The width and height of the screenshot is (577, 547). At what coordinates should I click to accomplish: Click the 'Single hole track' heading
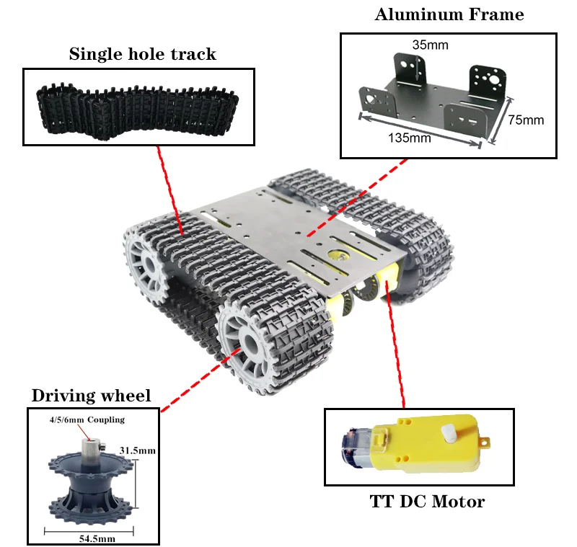coord(142,54)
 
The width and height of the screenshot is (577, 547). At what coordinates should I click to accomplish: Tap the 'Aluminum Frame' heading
coord(449,14)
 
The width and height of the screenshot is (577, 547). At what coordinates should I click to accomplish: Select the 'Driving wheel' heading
coord(91,396)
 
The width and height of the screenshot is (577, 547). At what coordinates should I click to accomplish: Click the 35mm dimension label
coord(430,45)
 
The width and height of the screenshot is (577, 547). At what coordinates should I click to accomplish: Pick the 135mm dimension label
coord(409,138)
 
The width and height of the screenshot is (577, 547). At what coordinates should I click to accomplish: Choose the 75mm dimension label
coord(525,120)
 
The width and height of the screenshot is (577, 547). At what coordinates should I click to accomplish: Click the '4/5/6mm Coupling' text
coord(87,419)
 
